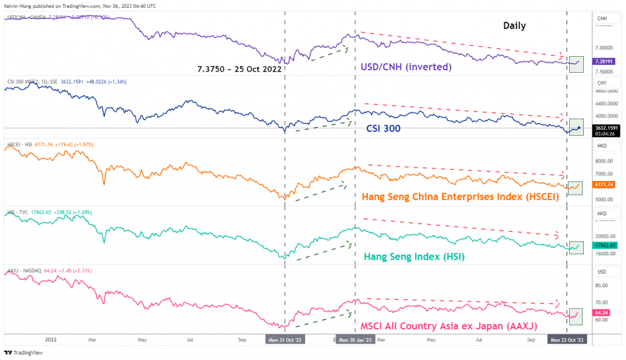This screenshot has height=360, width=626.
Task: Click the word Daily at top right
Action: point(514,26)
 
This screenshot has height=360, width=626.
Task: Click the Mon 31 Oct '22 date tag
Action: point(285,339)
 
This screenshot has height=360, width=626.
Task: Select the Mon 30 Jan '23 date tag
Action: point(355,339)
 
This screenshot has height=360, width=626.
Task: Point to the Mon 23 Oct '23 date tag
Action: point(567,339)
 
